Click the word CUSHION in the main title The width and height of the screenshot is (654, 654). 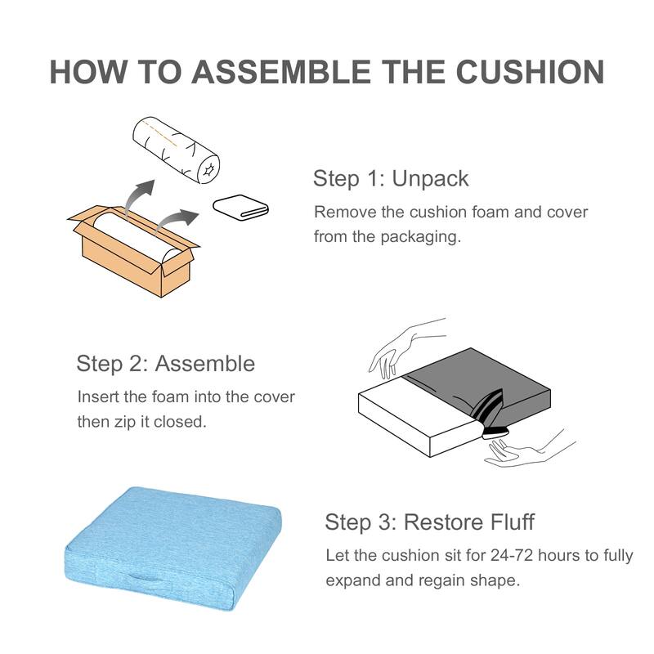click(530, 72)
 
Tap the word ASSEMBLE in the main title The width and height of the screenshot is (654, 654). click(281, 72)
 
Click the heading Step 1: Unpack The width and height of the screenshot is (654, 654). click(391, 178)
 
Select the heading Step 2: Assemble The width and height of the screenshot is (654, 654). click(166, 363)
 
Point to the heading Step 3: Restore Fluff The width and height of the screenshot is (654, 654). click(430, 522)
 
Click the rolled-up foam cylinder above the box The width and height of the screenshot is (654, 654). click(176, 150)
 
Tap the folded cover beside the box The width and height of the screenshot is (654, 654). click(240, 207)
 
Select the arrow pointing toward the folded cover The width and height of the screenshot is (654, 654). click(176, 220)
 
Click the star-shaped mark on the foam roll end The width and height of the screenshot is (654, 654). click(208, 169)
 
